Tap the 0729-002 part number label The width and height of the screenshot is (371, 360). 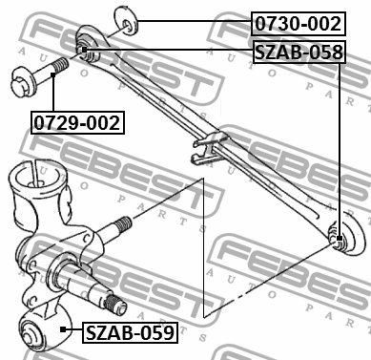(78, 121)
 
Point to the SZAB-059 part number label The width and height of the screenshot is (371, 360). (129, 332)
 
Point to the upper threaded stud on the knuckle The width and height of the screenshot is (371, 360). (121, 226)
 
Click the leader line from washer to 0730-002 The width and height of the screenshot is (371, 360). (191, 21)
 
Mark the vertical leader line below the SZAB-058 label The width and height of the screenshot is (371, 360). (341, 143)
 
